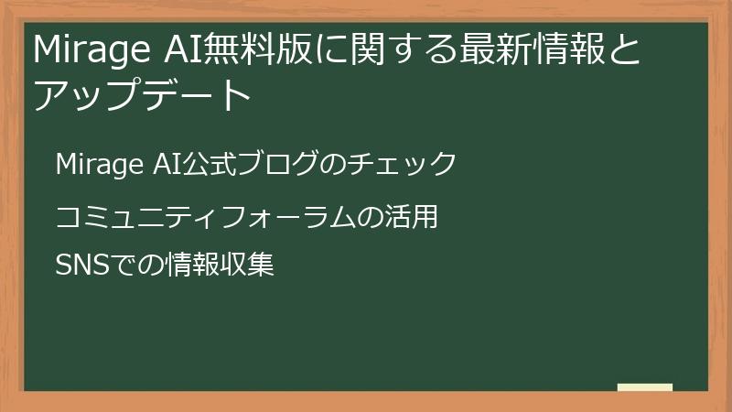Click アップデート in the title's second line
click(x=142, y=94)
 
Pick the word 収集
click(x=243, y=266)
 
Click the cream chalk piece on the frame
click(x=645, y=388)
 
